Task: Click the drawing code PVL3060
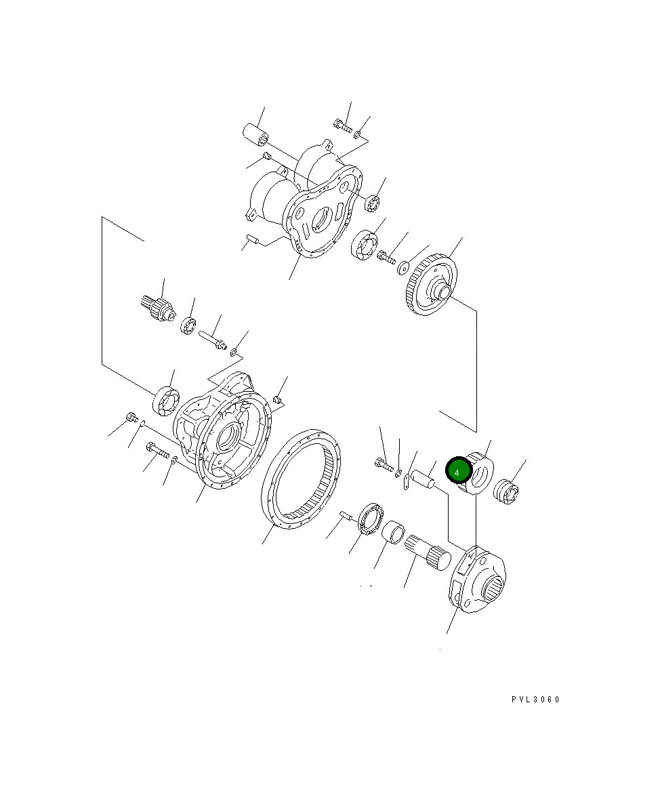pos(535,700)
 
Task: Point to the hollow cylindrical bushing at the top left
pos(256,133)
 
